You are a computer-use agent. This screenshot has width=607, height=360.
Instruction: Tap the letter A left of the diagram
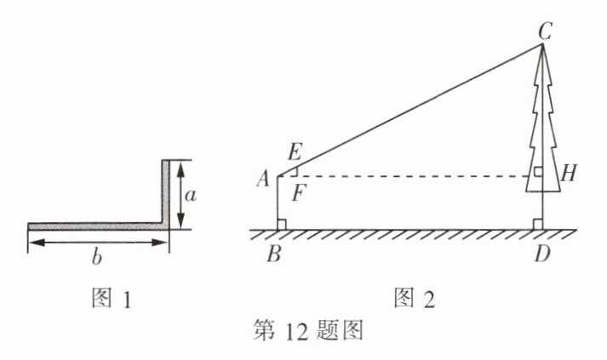[262, 179]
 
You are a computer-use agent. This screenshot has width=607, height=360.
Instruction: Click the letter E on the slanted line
[295, 153]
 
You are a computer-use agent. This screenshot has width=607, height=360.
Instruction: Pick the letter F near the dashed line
[297, 191]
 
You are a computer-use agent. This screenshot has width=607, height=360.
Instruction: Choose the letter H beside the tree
[570, 174]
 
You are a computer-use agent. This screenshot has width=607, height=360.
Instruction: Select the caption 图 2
[414, 298]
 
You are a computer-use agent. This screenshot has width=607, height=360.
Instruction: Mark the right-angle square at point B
[282, 225]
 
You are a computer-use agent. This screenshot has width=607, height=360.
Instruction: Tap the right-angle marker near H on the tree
[538, 172]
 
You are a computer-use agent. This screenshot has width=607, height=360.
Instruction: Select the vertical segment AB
[278, 203]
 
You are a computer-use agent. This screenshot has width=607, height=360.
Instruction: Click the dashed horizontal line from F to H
[409, 177]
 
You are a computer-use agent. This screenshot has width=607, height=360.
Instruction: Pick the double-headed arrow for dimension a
[180, 195]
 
